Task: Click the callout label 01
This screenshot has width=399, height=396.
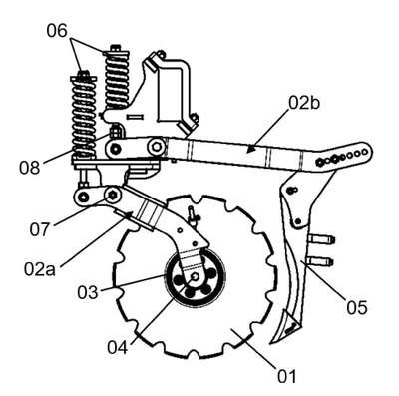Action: point(286,377)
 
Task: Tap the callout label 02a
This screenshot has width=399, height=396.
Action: point(40,269)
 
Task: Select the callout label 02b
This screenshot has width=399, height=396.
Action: point(304,103)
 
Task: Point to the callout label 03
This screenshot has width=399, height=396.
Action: point(88,292)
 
